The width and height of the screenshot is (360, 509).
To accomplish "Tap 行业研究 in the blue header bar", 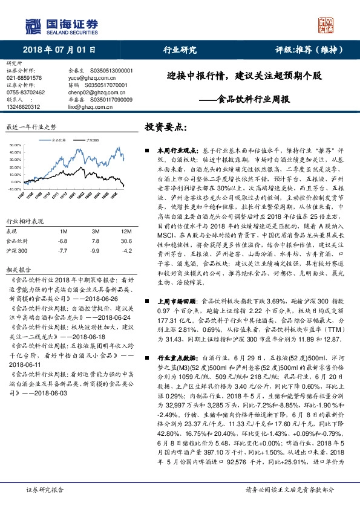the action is click(x=180, y=51).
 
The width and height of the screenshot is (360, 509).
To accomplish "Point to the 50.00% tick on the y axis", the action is click(x=15, y=146).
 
